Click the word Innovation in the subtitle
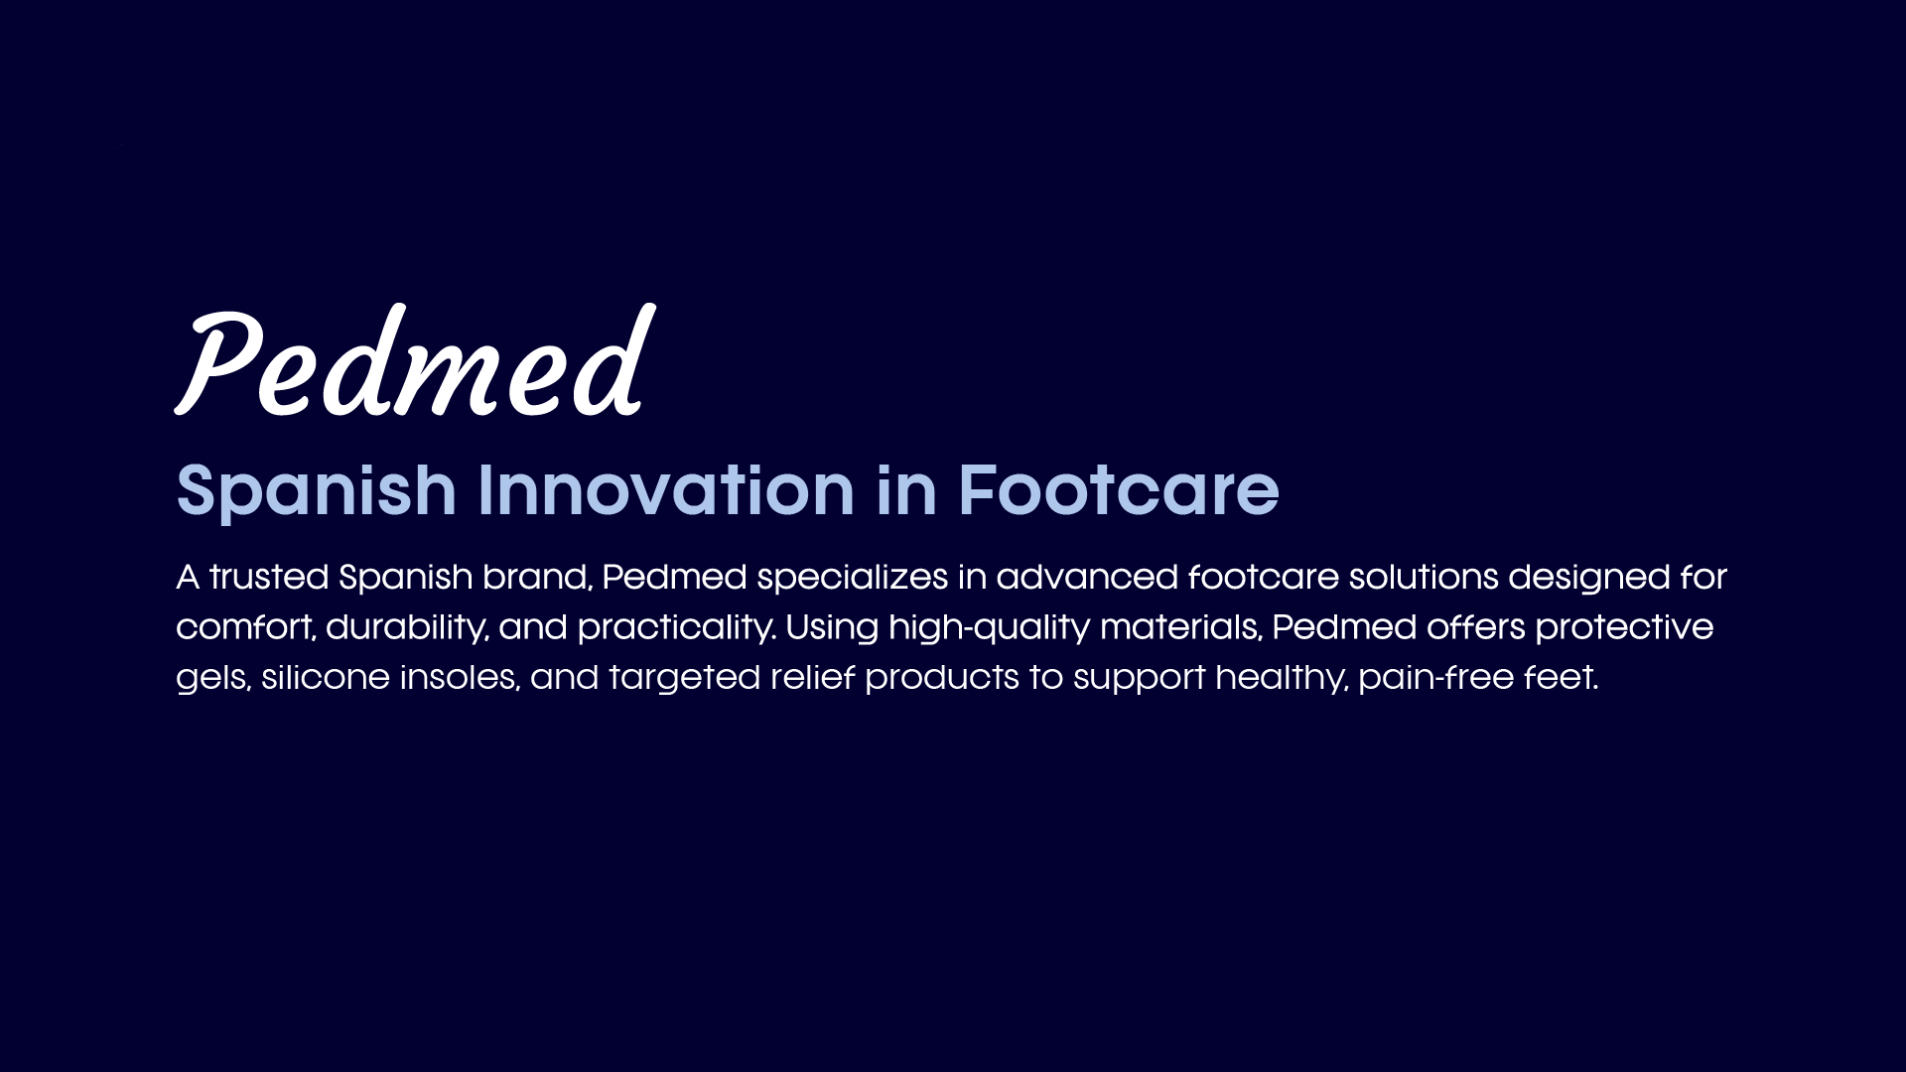pyautogui.click(x=666, y=490)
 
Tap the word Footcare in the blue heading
pyautogui.click(x=1119, y=490)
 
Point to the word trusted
pyautogui.click(x=269, y=577)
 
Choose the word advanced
pyautogui.click(x=1087, y=577)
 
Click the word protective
pyautogui.click(x=1624, y=628)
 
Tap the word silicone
pyautogui.click(x=326, y=677)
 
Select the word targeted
pyautogui.click(x=684, y=678)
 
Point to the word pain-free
pyautogui.click(x=1435, y=678)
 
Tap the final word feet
pyautogui.click(x=1562, y=676)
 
